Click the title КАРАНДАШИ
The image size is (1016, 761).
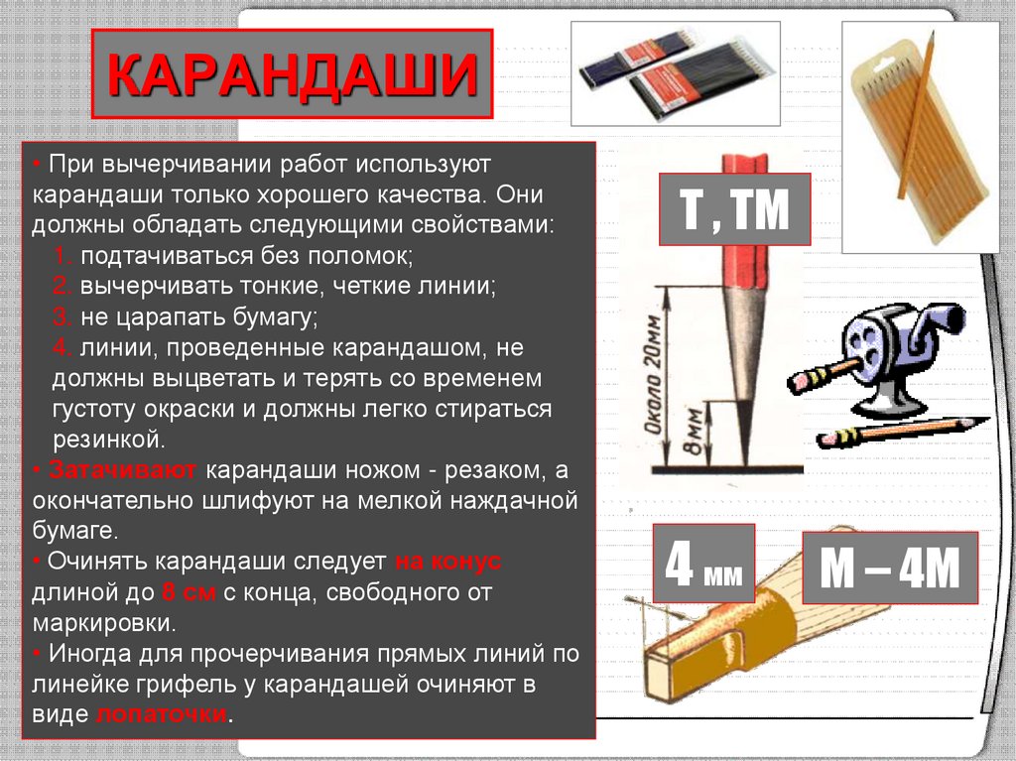(292, 75)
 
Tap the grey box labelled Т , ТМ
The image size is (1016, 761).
(733, 210)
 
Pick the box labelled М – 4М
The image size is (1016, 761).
(890, 569)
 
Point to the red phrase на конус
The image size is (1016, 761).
(448, 561)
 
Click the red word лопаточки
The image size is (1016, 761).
(163, 714)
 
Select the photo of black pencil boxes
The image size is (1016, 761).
(675, 73)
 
